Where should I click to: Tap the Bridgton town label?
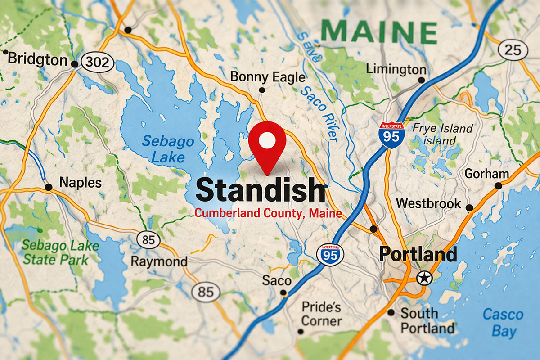click(37, 59)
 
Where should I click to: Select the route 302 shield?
click(97, 63)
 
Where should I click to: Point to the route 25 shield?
click(513, 49)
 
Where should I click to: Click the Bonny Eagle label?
click(267, 77)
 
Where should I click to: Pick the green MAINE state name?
click(379, 31)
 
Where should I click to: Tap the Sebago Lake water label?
click(164, 149)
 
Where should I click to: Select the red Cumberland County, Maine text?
click(268, 213)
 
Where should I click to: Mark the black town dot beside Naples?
click(48, 187)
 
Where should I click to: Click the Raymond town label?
click(159, 261)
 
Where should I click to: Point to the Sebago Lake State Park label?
click(61, 252)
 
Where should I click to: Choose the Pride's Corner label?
click(321, 314)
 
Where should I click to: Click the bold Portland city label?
click(418, 254)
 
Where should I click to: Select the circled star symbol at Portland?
click(423, 279)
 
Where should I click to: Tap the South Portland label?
click(427, 320)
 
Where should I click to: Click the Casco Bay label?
click(503, 322)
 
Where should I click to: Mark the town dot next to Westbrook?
click(469, 208)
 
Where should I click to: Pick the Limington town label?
click(396, 69)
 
